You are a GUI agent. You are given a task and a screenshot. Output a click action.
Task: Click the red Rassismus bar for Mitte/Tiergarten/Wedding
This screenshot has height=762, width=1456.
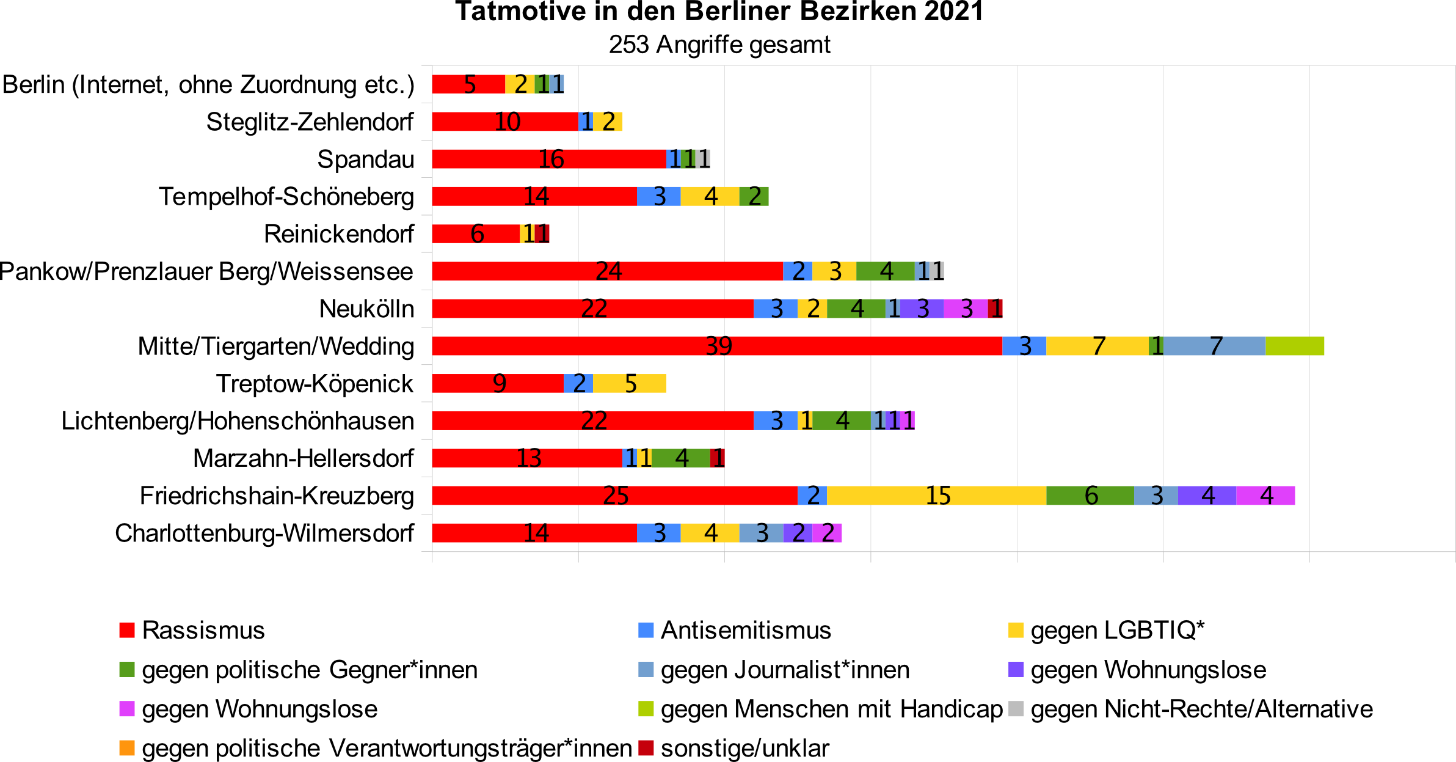[x=717, y=346]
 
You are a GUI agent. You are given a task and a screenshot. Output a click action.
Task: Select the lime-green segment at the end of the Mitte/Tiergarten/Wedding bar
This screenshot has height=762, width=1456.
[x=1295, y=346]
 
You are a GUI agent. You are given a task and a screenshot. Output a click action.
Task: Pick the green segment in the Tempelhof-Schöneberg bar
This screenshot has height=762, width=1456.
[x=754, y=196]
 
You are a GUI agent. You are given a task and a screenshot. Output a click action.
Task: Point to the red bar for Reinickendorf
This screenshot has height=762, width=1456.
[x=476, y=233]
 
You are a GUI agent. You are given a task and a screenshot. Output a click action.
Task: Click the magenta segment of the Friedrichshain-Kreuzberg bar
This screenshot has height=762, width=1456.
[x=1265, y=496]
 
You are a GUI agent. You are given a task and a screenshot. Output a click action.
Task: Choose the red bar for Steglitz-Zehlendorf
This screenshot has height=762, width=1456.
[x=505, y=122]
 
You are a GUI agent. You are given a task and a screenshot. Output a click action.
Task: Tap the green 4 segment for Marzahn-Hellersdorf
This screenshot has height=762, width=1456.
[x=680, y=458]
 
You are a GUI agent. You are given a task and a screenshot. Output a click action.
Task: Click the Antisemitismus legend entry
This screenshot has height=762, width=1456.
[x=745, y=630]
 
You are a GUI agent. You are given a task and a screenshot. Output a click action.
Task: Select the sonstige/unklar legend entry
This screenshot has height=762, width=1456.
[x=744, y=748]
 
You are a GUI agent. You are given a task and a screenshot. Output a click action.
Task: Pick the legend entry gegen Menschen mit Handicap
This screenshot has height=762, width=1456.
[x=831, y=709]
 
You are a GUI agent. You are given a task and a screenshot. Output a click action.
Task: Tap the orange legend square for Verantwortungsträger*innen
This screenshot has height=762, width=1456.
[x=127, y=748]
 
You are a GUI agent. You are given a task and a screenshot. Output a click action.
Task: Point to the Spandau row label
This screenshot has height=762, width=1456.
[x=365, y=159]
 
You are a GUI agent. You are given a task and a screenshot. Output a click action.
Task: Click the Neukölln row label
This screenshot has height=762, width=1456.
[x=366, y=309]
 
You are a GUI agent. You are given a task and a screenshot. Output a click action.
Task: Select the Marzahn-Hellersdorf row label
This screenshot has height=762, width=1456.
[x=304, y=458]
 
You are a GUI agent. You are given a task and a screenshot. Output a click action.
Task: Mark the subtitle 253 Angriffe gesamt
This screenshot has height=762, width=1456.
[x=719, y=45]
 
